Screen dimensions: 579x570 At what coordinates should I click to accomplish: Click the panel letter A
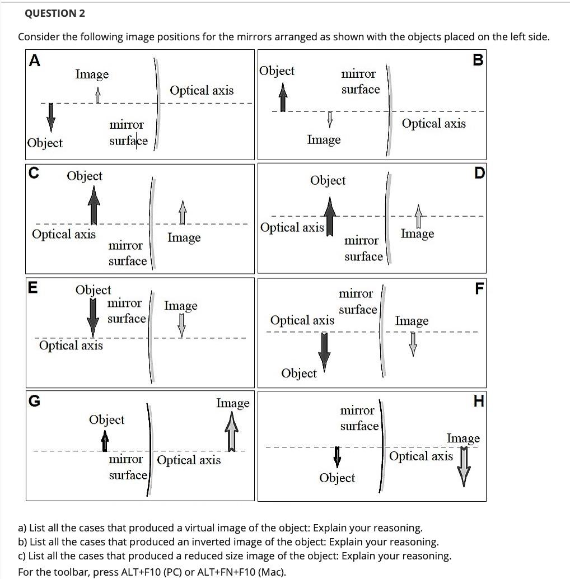coord(35,61)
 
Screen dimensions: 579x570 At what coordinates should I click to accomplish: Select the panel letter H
coord(478,401)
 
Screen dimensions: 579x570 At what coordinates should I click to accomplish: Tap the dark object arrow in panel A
coord(52,116)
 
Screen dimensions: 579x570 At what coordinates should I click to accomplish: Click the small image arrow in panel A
coord(98,97)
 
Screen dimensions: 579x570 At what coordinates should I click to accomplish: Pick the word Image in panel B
coord(324,139)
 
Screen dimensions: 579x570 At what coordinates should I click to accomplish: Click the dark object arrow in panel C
coord(94,204)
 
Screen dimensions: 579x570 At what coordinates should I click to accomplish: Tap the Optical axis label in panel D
coord(292,227)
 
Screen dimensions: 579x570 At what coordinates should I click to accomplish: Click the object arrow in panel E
coord(94,317)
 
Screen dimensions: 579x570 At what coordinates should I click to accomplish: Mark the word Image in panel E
coord(181,306)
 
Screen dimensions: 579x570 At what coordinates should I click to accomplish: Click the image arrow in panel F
coord(413,343)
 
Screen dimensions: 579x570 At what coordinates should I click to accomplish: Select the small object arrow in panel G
coord(105,442)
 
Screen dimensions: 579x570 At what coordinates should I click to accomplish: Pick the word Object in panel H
coord(337,478)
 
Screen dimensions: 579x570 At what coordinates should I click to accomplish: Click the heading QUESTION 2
coord(52,13)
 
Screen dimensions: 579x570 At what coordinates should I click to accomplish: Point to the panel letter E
coord(33,288)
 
